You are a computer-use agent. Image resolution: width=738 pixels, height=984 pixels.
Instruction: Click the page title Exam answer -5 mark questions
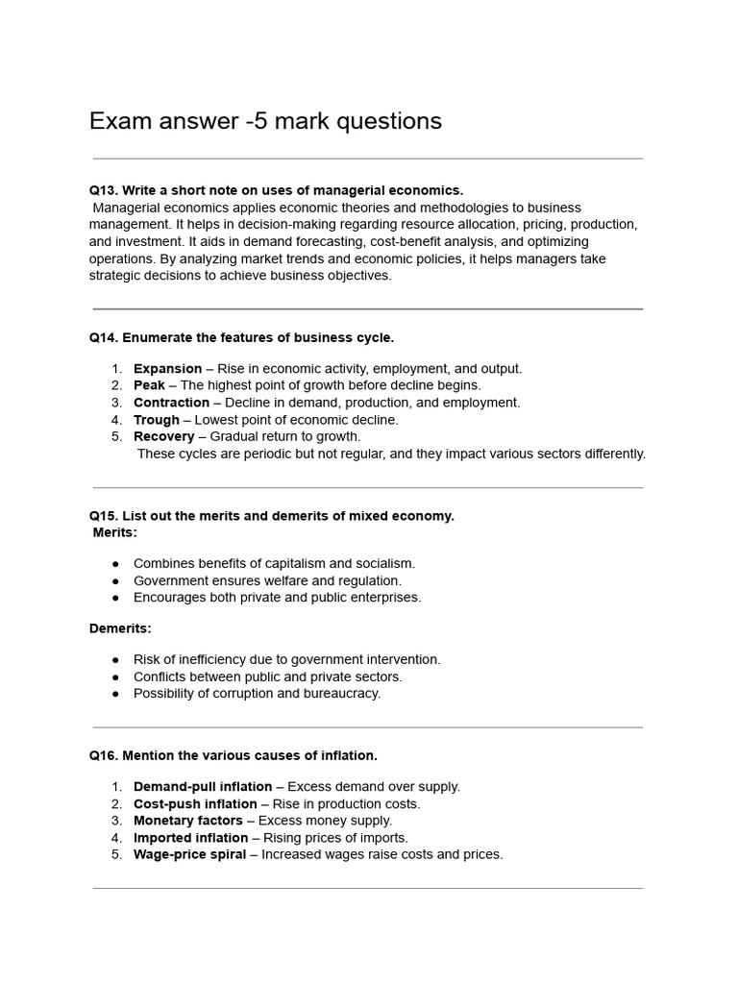(265, 121)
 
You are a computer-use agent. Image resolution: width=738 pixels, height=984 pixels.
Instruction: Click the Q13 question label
(103, 190)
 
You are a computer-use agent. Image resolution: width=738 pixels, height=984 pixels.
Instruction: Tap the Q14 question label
(103, 337)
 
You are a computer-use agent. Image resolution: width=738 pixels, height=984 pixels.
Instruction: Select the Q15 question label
(103, 516)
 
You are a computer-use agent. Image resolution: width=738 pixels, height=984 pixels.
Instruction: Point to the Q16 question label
(103, 755)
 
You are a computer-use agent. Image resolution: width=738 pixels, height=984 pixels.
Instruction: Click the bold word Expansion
(167, 369)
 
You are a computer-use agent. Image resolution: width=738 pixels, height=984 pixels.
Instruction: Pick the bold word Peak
(149, 385)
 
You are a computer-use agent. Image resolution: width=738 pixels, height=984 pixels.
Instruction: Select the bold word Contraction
(171, 403)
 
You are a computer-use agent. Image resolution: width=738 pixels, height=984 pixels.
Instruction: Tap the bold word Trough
(156, 420)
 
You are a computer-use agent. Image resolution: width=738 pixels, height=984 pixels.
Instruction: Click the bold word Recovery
(163, 436)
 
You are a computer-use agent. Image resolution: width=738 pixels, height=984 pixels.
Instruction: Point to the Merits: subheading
(115, 532)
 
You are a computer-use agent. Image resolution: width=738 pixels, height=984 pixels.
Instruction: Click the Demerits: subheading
(120, 628)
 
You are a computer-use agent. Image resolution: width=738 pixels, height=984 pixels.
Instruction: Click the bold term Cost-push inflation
(195, 804)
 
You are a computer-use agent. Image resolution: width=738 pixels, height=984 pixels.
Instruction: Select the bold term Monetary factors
(188, 821)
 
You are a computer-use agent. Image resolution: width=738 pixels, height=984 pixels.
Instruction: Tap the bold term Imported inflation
(190, 838)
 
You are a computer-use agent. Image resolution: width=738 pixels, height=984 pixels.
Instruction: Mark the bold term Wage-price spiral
(189, 854)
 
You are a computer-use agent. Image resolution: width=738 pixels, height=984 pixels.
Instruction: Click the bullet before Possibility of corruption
(115, 694)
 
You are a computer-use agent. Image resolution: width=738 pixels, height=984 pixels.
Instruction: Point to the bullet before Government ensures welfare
(115, 580)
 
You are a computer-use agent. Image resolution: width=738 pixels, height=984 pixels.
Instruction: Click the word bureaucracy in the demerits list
(347, 694)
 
